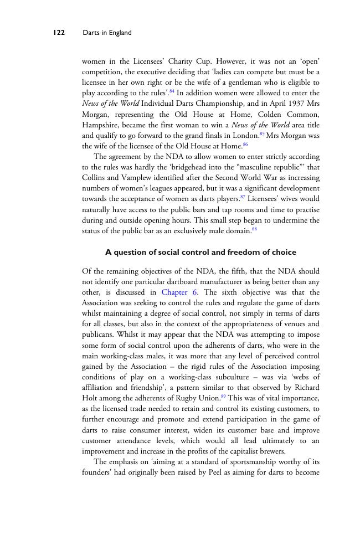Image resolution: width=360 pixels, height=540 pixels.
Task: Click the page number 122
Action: pos(59,33)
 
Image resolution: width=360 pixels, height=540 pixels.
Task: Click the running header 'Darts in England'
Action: pos(107,33)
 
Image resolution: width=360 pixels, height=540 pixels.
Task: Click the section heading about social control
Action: pos(200,253)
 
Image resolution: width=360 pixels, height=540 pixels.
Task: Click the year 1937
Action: pos(295,104)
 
